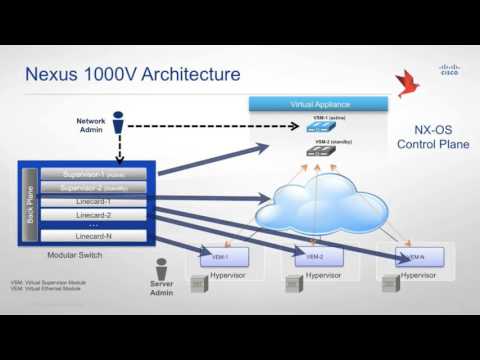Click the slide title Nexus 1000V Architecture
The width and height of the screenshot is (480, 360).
click(x=132, y=74)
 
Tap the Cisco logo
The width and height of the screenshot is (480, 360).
click(x=449, y=69)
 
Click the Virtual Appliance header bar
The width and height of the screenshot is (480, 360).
click(x=317, y=103)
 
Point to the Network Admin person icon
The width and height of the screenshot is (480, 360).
click(x=118, y=126)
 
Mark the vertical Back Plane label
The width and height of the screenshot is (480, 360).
click(x=30, y=205)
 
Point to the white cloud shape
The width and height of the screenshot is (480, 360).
click(x=317, y=211)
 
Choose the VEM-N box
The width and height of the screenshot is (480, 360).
click(x=412, y=254)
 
